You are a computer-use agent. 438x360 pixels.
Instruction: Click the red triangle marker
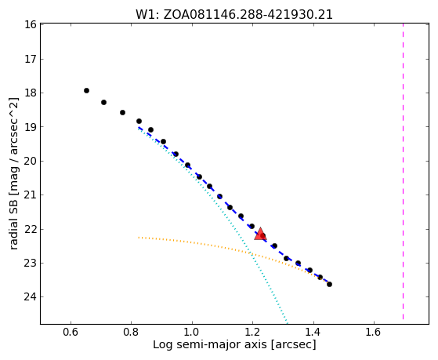coord(260,235)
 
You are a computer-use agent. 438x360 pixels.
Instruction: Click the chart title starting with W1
coord(234,15)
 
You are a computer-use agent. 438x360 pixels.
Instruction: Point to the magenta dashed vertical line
coord(403,172)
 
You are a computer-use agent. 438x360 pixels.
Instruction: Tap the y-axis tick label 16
coord(31,24)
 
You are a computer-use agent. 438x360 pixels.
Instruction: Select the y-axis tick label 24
coord(31,296)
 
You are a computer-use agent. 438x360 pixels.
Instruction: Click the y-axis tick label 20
coord(31,161)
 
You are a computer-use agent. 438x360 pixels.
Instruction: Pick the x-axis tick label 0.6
coord(71,332)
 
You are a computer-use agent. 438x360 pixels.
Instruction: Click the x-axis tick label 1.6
coord(374,332)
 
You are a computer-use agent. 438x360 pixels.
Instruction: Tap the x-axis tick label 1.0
coord(192,332)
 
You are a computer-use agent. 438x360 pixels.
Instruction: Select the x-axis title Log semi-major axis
coord(234,345)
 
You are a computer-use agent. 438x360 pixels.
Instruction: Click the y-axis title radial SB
coord(14,173)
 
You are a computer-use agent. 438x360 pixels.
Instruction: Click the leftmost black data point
coord(87,90)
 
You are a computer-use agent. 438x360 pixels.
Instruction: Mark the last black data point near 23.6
coord(329,284)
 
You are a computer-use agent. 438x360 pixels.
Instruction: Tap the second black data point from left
coord(103,103)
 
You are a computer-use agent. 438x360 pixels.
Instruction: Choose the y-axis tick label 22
coord(31,229)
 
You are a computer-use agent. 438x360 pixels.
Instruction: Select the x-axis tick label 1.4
coord(313,332)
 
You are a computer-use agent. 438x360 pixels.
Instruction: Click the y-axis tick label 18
coord(31,93)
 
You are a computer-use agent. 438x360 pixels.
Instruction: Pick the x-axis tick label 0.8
coord(132,332)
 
